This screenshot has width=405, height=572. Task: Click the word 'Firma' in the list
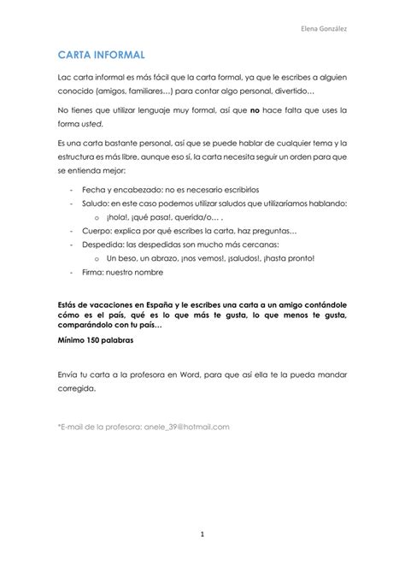(x=94, y=272)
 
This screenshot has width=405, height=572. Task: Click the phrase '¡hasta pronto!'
(x=289, y=258)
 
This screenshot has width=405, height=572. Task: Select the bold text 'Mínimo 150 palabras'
(x=96, y=340)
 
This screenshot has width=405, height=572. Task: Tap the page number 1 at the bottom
(x=202, y=534)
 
